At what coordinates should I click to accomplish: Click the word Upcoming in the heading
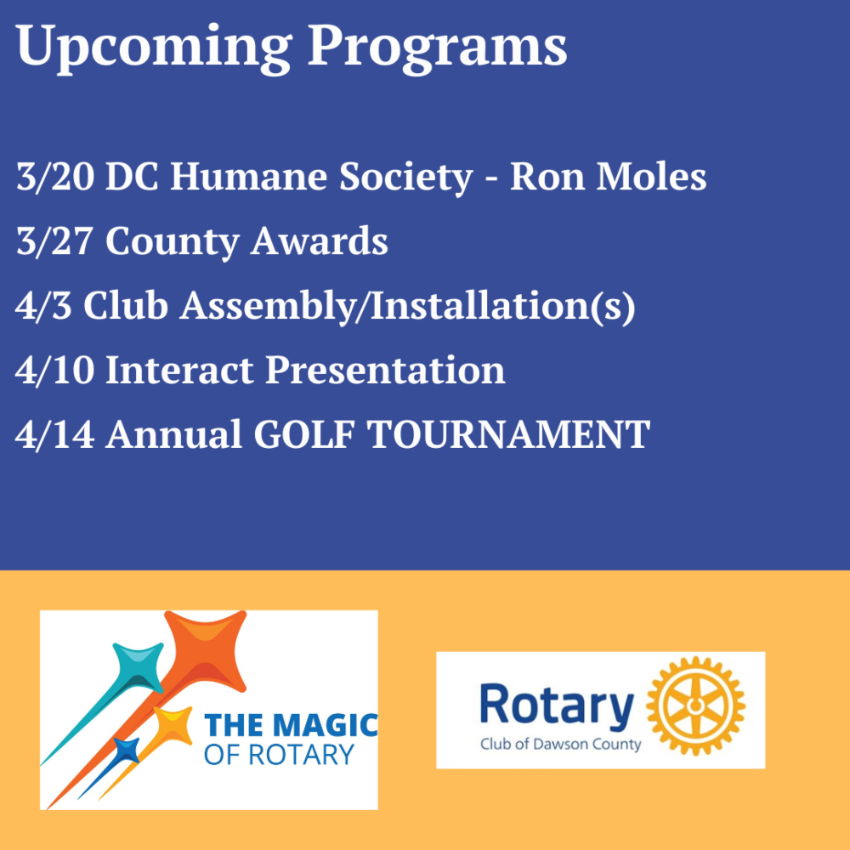point(154,47)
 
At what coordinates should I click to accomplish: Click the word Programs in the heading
point(438,47)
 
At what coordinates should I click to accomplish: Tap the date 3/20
point(55,177)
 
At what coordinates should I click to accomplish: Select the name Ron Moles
point(609,177)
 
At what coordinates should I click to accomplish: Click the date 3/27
point(54,241)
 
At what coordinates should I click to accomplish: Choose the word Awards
point(320,241)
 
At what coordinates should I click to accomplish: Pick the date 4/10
point(54,371)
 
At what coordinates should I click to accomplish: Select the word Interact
point(179,370)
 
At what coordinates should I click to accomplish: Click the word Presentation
point(385,371)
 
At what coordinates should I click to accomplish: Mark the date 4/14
point(54,434)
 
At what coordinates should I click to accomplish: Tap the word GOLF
point(304,434)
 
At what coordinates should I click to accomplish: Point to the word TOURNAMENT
point(509,434)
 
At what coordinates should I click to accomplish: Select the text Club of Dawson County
point(560,745)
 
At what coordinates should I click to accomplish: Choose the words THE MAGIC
point(291,725)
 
